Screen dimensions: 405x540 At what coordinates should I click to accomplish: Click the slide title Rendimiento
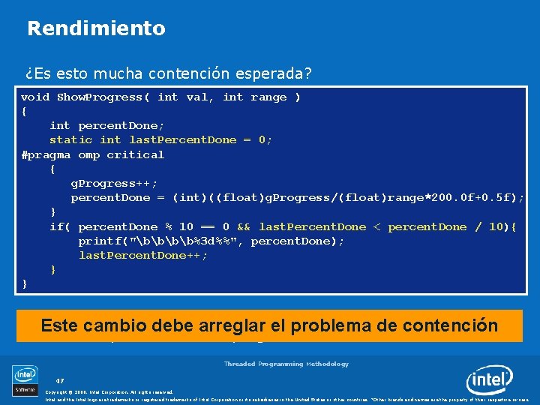pyautogui.click(x=96, y=28)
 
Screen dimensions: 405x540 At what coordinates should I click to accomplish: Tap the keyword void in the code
pyautogui.click(x=35, y=97)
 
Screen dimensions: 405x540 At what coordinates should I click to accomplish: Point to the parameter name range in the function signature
pyautogui.click(x=269, y=97)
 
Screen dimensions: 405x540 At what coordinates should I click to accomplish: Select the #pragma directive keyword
pyautogui.click(x=46, y=154)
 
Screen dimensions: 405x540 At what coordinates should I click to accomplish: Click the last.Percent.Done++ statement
pyautogui.click(x=143, y=255)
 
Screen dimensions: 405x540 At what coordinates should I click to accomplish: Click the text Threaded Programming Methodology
pyautogui.click(x=286, y=364)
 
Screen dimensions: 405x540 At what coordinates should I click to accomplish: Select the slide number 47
pyautogui.click(x=60, y=380)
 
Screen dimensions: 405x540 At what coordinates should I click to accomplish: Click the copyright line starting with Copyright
pyautogui.click(x=109, y=391)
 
